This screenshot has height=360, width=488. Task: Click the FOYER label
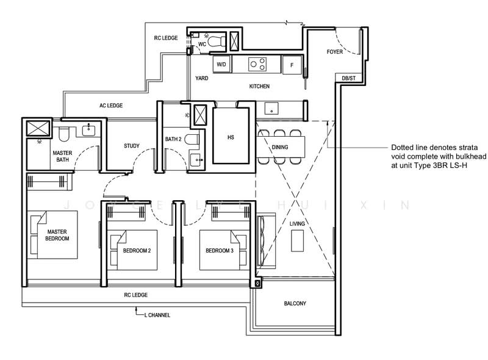[x=334, y=52]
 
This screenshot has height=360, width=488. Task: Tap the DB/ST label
[x=348, y=78]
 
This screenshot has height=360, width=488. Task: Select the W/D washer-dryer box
[x=221, y=64]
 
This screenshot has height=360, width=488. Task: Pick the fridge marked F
[x=292, y=65]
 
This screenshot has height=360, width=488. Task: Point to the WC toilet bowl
[x=216, y=41]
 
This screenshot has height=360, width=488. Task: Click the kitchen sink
[x=271, y=109]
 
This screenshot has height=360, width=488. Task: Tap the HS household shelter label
[x=231, y=137]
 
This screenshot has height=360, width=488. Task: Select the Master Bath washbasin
[x=88, y=129]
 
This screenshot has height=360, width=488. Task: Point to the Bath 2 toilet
[x=192, y=139]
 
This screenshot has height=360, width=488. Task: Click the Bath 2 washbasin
[x=196, y=160]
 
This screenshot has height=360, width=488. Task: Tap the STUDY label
[x=132, y=146]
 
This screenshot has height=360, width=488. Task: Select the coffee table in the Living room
[x=297, y=241]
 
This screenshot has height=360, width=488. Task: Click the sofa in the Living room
[x=266, y=241]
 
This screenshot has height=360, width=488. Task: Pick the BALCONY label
[x=295, y=303]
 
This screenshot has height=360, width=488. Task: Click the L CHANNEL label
[x=157, y=315]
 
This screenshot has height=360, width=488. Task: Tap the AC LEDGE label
[x=111, y=106]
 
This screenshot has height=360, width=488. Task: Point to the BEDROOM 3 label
[x=220, y=250]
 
